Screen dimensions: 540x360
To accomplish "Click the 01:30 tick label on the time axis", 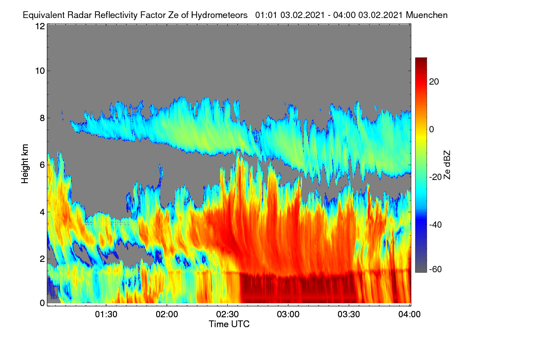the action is [106, 315].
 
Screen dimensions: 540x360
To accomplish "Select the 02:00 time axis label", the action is [167, 315].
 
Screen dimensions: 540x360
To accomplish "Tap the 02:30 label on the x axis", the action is [227, 315].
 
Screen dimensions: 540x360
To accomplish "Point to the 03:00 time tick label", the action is [288, 315].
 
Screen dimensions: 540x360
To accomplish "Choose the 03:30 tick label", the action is [349, 315].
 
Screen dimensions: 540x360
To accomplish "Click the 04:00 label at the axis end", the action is [409, 315].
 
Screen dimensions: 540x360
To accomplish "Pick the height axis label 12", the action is [40, 26].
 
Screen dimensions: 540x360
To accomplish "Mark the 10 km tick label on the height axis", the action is [40, 71].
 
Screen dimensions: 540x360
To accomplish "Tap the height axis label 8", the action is [42, 118].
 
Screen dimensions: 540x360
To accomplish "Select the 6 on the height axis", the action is [42, 165].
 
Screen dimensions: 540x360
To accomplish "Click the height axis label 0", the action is [42, 303].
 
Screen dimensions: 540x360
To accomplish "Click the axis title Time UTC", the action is [229, 324].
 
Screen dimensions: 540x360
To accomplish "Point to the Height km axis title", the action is [25, 164].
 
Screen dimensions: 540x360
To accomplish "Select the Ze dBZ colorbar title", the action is [447, 165].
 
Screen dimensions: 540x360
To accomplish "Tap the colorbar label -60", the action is [436, 270].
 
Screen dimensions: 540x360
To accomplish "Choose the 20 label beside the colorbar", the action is [434, 82].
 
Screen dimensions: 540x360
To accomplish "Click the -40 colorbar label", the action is [436, 225].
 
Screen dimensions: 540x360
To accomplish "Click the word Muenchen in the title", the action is [427, 15].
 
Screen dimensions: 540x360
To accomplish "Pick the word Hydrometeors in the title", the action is [220, 15].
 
